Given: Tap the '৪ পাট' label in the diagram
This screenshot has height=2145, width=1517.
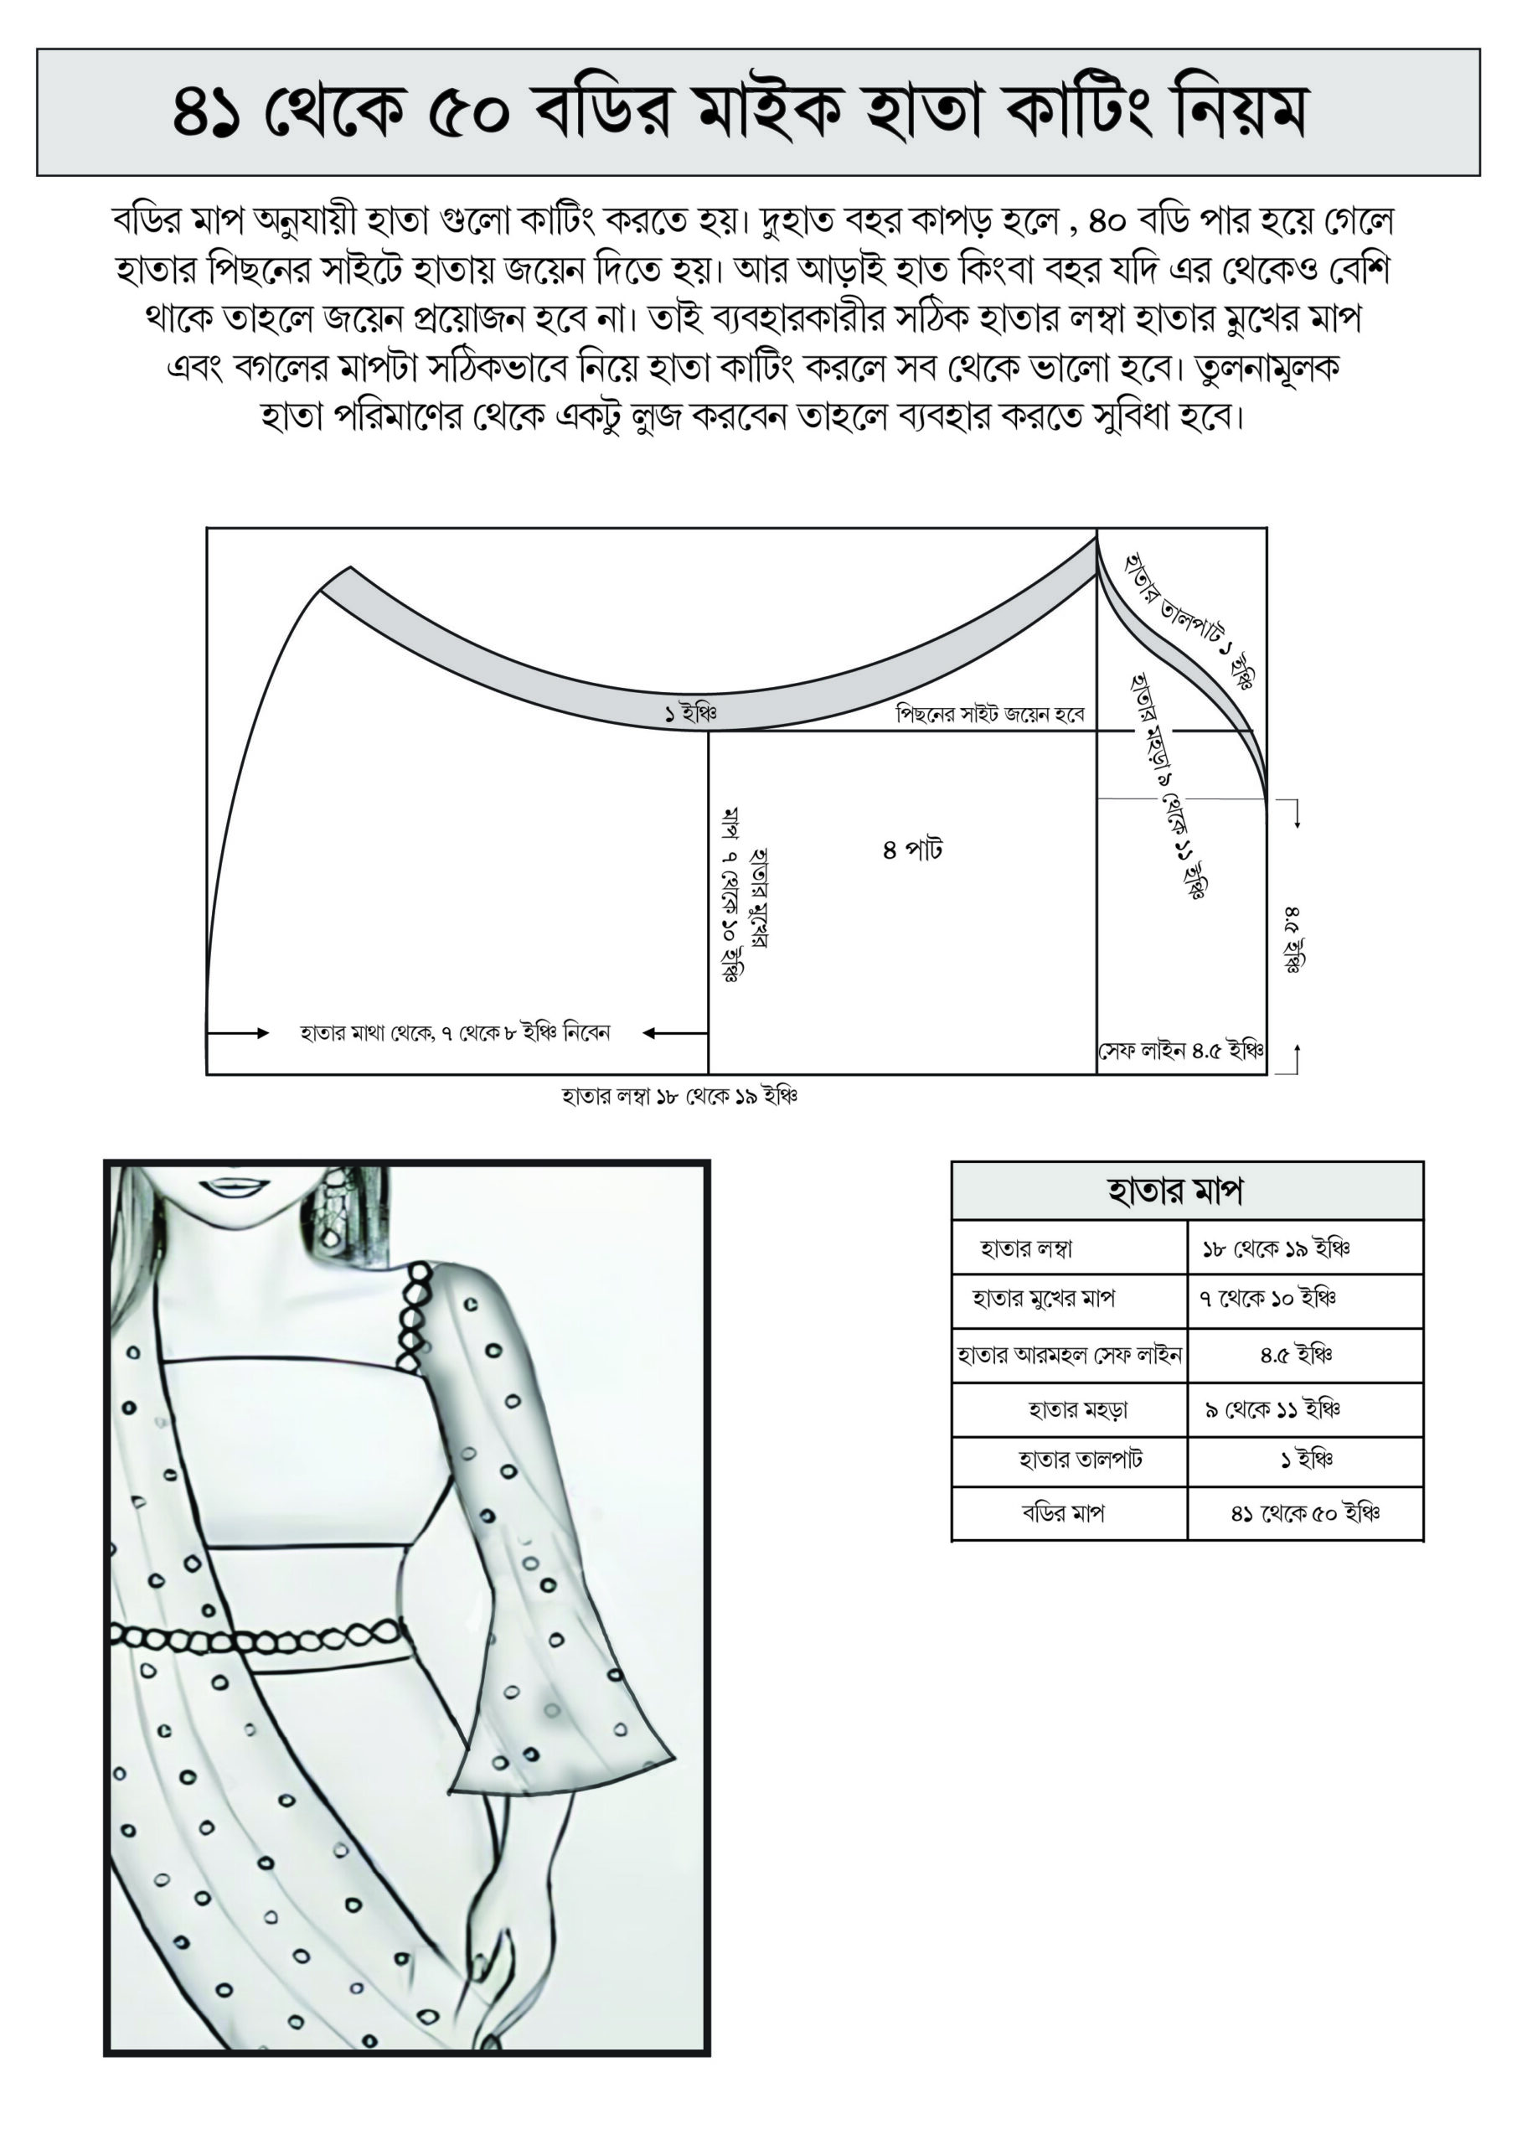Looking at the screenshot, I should coord(912,850).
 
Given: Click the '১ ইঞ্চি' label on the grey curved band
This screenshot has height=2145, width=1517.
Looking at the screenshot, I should coord(690,715).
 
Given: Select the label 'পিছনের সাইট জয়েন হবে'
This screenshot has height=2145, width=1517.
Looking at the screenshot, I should coord(990,715).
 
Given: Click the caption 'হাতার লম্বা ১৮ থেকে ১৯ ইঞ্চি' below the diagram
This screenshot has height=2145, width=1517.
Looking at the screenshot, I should coord(679,1096).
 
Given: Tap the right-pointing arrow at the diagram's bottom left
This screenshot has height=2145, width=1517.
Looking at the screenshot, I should coord(238,1033).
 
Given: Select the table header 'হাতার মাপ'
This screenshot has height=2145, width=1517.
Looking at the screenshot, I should coord(1174,1191).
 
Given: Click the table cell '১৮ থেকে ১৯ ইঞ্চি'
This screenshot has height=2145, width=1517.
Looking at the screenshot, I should coord(1276,1248).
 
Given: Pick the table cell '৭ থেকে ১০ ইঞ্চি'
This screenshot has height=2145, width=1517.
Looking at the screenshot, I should coord(1268,1298).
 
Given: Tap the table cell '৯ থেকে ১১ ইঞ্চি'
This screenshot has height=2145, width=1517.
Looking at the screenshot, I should coord(1272,1408).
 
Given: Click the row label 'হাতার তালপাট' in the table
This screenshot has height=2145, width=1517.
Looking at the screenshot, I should coord(1080,1460).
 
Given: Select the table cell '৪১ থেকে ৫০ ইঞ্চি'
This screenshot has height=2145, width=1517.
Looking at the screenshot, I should coord(1305,1512).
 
